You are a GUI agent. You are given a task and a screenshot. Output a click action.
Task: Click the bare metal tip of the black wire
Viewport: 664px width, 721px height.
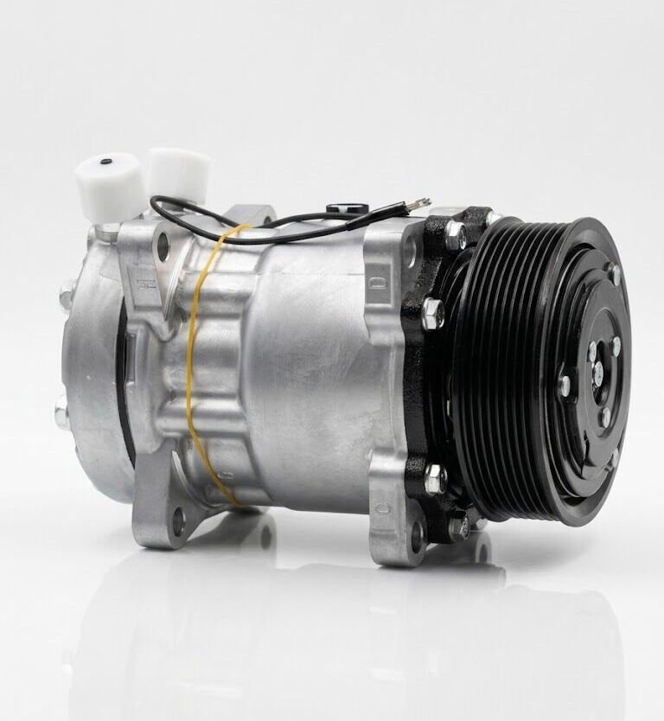[x=424, y=202]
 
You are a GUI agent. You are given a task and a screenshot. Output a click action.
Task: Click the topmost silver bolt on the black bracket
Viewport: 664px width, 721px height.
[x=456, y=232]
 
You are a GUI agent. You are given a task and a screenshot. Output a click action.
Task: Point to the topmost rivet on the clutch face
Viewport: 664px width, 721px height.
[x=616, y=275]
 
